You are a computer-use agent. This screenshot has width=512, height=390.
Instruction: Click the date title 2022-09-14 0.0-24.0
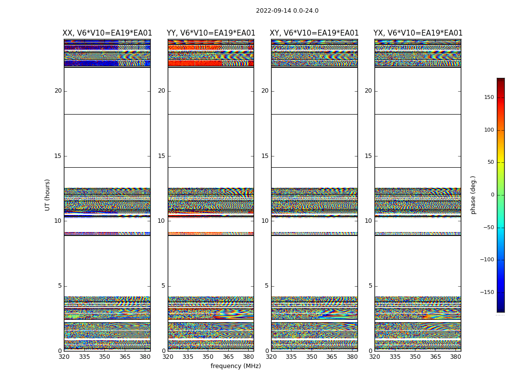click(x=287, y=11)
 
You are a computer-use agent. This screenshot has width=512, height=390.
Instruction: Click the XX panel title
click(x=107, y=33)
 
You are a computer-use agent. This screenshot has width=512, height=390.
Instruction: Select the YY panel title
click(x=211, y=33)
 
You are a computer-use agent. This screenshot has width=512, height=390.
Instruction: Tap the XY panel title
click(x=315, y=33)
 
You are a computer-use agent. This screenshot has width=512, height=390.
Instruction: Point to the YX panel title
click(x=418, y=33)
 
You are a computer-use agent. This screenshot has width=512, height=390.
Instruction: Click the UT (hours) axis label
click(x=47, y=195)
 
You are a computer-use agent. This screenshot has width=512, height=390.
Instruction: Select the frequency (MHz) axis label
click(x=236, y=366)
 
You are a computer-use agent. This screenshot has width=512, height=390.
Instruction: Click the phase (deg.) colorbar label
click(x=473, y=195)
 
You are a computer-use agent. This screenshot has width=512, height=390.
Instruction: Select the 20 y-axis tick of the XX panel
click(x=58, y=91)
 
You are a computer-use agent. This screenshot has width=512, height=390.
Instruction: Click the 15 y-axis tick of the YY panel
click(x=161, y=156)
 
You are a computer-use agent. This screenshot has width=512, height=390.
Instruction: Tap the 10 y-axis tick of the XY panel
click(x=265, y=221)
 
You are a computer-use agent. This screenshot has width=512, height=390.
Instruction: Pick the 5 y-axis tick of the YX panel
click(x=370, y=286)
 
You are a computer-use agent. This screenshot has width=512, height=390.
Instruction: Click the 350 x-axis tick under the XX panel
click(x=104, y=357)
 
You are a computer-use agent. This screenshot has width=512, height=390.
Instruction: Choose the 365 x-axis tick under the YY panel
click(x=228, y=357)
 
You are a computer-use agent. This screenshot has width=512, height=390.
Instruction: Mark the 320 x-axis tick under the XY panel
click(x=271, y=357)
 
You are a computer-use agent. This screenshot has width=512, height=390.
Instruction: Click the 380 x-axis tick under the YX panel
click(x=455, y=357)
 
